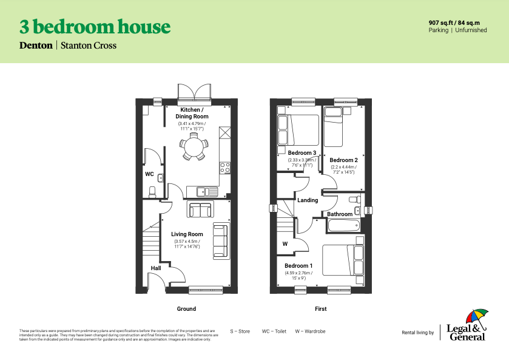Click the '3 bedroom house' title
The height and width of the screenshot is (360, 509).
coord(95,27)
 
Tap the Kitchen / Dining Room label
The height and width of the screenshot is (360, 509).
coord(192,113)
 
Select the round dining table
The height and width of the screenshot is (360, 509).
coord(192,147)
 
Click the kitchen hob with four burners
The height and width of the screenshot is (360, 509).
coord(224,167)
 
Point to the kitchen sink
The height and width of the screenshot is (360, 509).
coord(206,192)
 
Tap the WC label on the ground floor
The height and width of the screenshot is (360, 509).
coord(149,174)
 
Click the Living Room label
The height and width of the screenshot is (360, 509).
coord(187,234)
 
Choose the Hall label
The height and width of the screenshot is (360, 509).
coord(156,268)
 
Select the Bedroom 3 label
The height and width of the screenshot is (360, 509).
coord(302,153)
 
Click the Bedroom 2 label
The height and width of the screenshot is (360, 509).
coord(343,160)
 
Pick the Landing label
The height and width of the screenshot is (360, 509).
coord(308,200)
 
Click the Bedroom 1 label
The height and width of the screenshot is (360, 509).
coord(298,266)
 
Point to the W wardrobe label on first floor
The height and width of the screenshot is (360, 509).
coord(285,244)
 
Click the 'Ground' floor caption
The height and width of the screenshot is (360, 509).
coord(186,309)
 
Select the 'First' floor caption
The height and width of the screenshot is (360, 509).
coord(320,309)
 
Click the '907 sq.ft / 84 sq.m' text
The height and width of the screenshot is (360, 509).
coord(458,22)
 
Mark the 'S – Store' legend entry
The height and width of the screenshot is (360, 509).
coord(240,331)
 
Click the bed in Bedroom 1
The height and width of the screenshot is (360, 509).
coord(343,260)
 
